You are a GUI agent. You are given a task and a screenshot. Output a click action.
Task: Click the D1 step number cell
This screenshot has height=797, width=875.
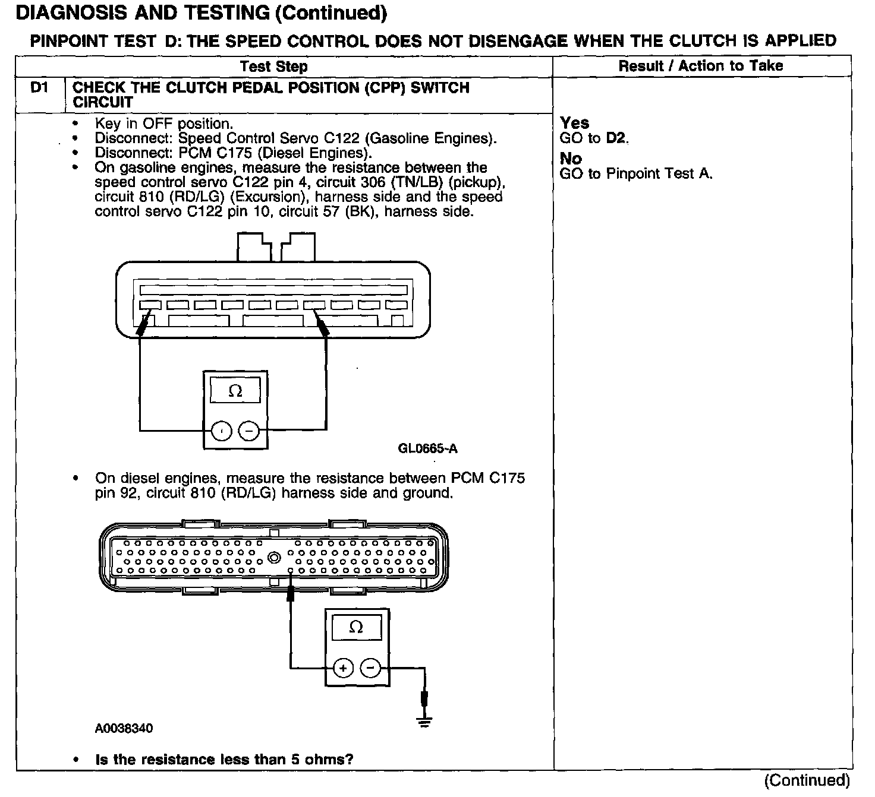(x=39, y=88)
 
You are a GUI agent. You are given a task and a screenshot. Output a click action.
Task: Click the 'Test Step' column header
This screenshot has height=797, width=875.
(x=274, y=67)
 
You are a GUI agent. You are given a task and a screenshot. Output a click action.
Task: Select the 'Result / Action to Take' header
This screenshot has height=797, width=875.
(x=701, y=66)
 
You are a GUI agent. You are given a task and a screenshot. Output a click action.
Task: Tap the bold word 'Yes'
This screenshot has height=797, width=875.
(x=574, y=123)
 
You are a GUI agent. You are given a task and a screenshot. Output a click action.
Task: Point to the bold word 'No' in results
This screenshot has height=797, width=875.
(x=571, y=159)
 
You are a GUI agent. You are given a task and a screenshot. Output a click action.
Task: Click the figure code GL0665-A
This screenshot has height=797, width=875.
(x=427, y=448)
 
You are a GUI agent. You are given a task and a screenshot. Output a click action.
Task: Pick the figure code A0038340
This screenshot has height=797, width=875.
(x=124, y=728)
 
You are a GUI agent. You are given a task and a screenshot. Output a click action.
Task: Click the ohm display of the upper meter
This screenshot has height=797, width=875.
(x=235, y=391)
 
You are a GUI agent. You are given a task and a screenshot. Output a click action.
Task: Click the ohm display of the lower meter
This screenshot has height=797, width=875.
(x=356, y=627)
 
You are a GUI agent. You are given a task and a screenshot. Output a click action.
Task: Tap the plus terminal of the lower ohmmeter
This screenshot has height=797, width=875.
(x=343, y=668)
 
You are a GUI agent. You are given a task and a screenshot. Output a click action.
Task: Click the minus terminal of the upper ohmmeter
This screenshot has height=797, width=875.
(x=249, y=431)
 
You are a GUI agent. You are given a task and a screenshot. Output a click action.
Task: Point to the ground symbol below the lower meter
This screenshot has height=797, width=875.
(x=424, y=722)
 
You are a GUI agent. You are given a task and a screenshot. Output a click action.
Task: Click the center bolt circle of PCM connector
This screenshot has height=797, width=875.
(x=274, y=558)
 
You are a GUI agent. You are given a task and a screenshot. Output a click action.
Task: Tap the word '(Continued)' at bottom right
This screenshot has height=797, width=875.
(x=807, y=780)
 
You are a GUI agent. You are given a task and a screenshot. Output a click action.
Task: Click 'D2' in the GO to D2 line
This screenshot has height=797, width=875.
(x=616, y=138)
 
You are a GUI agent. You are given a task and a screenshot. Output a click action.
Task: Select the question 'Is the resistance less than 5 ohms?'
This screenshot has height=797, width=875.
(x=224, y=760)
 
